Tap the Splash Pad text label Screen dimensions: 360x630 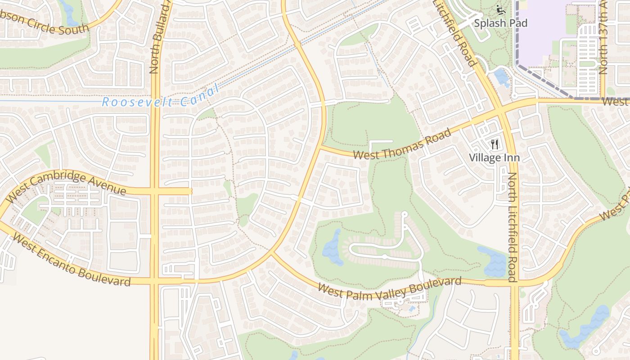(500, 23)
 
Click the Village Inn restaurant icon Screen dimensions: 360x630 (495, 144)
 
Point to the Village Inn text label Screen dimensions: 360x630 (494, 157)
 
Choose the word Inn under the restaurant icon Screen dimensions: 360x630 (512, 157)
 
